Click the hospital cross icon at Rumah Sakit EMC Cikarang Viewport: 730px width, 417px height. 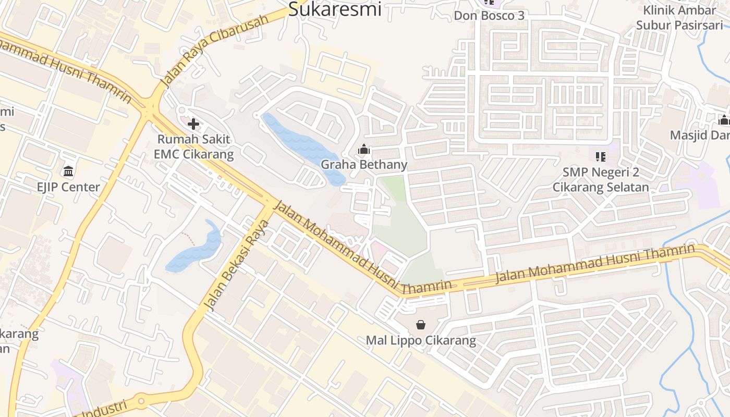point(193,124)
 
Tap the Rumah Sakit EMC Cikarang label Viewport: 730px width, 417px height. point(193,147)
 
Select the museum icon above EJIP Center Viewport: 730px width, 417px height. point(68,171)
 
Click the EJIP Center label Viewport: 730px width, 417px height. point(68,187)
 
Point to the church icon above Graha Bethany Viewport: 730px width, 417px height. point(364,150)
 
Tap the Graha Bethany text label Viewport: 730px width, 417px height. point(364,165)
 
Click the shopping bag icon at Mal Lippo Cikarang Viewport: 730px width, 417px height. point(421,325)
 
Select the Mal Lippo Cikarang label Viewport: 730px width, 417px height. point(421,341)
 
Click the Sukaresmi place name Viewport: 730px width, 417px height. point(335,9)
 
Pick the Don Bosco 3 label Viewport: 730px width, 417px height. point(489,16)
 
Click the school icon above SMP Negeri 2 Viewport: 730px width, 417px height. point(601,156)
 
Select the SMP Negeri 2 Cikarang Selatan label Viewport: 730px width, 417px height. point(601,180)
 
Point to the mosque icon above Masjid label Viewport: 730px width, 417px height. point(724,120)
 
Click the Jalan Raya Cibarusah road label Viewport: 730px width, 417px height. point(214,51)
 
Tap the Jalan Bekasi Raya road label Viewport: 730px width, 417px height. point(237,266)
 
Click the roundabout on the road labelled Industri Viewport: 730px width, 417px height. point(140,402)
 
